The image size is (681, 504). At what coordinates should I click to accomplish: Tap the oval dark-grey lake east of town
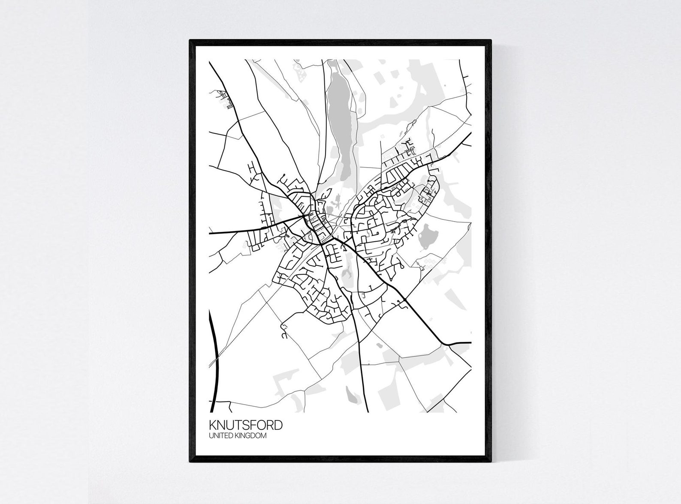[x=428, y=236]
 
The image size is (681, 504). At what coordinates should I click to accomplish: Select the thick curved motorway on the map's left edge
[x=211, y=351]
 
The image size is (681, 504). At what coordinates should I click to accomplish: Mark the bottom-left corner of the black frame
[x=190, y=462]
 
